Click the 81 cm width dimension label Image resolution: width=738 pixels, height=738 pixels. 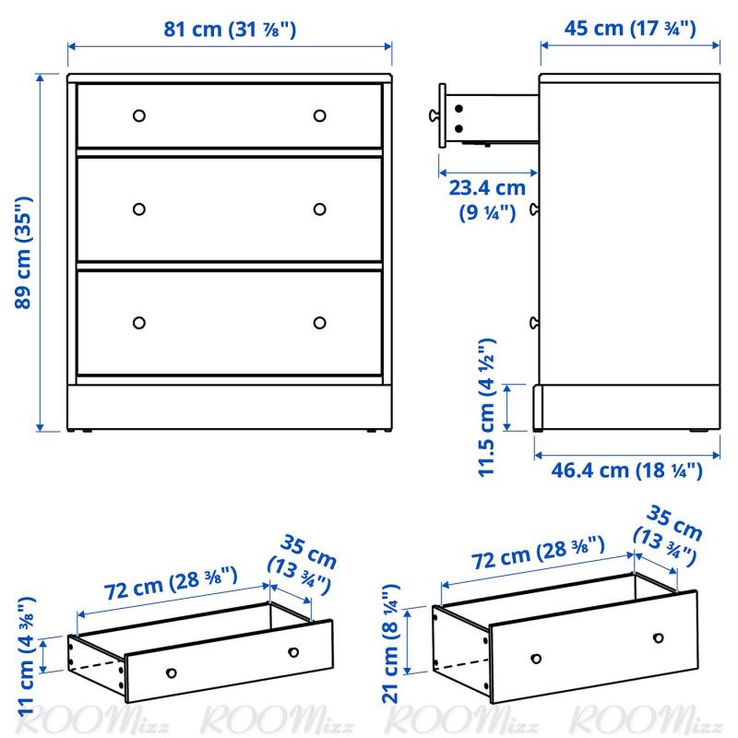(x=230, y=30)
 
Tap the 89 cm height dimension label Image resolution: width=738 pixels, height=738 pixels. (x=23, y=252)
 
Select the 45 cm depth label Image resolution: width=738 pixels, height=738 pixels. (x=630, y=29)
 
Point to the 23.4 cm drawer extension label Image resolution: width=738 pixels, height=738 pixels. (x=487, y=199)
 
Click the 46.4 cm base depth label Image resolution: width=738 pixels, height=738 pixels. (x=626, y=470)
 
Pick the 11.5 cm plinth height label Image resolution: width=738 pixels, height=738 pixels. (x=487, y=407)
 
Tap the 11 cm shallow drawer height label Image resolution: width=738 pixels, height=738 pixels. (x=27, y=657)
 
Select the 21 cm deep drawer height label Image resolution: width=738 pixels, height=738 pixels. (x=391, y=644)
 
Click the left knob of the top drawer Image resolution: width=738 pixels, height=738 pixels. (x=139, y=115)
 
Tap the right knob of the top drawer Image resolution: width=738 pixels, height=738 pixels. (x=319, y=115)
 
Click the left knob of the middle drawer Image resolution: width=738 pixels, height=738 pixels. (x=139, y=209)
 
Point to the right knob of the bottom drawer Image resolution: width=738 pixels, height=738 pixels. (x=319, y=323)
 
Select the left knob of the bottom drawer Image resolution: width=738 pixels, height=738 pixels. (x=139, y=323)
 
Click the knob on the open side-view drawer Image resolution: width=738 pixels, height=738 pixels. (x=434, y=115)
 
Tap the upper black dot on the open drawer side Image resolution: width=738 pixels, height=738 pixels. (x=458, y=109)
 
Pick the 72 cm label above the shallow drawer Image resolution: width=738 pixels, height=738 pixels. (x=171, y=583)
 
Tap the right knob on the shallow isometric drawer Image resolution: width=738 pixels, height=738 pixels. (x=293, y=652)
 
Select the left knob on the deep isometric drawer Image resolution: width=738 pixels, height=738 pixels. (x=536, y=659)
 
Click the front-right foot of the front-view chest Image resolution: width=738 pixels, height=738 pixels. (x=372, y=430)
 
